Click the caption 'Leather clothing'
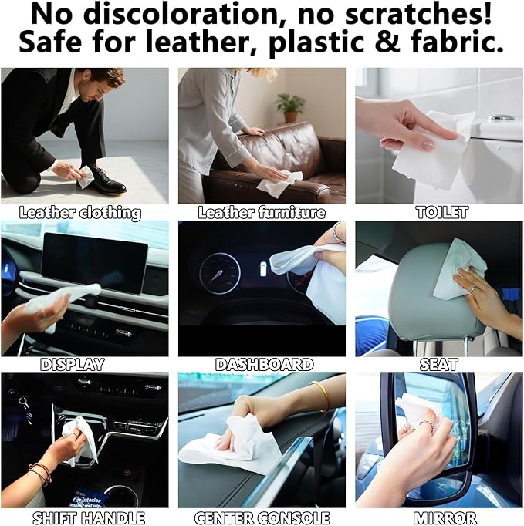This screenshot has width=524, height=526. pos(80,212)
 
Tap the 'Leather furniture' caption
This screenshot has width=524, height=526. pos(262,212)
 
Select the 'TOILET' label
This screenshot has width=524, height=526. pos(442,212)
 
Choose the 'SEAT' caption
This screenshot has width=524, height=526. pos(438,364)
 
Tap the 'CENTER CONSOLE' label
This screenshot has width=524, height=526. pos(262,518)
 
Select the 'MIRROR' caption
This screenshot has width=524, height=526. pos(444,518)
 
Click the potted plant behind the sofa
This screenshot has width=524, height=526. pos(290,106)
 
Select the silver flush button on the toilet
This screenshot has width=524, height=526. pos(502,118)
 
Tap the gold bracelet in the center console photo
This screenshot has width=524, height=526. pos(321,395)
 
